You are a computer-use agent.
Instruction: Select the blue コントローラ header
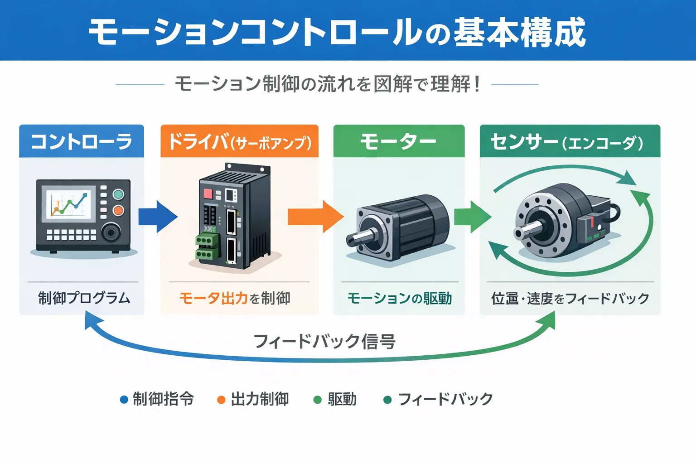click(x=82, y=142)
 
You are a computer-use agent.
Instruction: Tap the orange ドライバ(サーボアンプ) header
click(x=239, y=142)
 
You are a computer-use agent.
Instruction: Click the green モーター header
click(x=399, y=142)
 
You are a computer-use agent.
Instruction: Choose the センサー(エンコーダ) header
click(x=570, y=142)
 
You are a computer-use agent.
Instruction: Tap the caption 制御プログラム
click(x=84, y=298)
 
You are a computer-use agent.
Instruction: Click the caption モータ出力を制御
click(x=235, y=298)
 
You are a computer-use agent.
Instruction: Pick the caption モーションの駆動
click(x=399, y=298)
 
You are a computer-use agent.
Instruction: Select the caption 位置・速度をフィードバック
click(x=570, y=298)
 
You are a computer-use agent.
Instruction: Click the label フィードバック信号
click(x=324, y=341)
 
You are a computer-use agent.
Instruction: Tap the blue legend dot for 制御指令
click(x=124, y=400)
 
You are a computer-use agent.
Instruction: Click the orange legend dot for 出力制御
click(x=221, y=400)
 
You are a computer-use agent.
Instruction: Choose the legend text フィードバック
click(x=445, y=399)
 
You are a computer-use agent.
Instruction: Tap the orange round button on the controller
click(x=118, y=210)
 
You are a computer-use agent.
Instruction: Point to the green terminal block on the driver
click(x=207, y=247)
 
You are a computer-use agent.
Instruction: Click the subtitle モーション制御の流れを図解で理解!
click(x=327, y=84)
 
